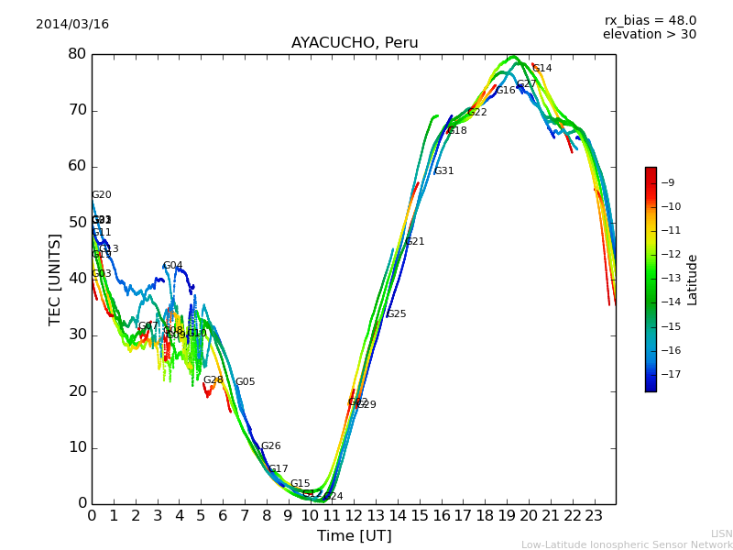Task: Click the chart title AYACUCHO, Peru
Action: (355, 43)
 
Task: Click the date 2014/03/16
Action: (72, 25)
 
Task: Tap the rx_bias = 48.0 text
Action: (650, 21)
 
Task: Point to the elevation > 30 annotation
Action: (649, 35)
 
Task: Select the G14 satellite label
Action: (542, 69)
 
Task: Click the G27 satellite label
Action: (526, 84)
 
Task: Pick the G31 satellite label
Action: (443, 171)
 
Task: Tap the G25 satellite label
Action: (396, 314)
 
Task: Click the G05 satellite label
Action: (246, 382)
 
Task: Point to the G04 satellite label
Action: (173, 266)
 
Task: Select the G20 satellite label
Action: (102, 195)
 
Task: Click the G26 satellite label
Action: (271, 446)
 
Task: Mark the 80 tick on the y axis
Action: (77, 54)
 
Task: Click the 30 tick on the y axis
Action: (77, 335)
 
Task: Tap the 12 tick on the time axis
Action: (354, 516)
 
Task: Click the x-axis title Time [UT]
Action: (354, 536)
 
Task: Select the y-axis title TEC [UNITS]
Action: (55, 279)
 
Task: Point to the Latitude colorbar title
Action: (693, 279)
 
